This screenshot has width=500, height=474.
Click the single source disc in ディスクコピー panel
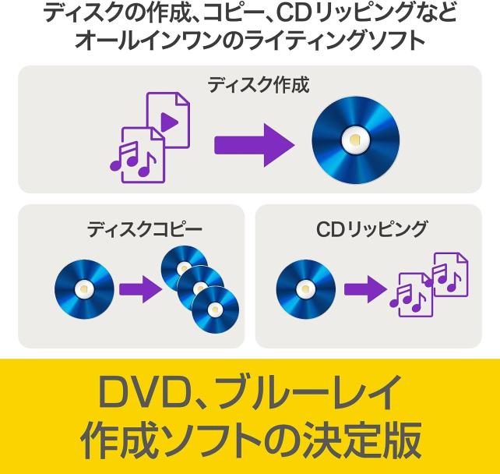pyautogui.click(x=84, y=288)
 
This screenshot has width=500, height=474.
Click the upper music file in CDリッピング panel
pyautogui.click(x=447, y=274)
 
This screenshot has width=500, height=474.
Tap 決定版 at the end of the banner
pyautogui.click(x=367, y=440)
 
